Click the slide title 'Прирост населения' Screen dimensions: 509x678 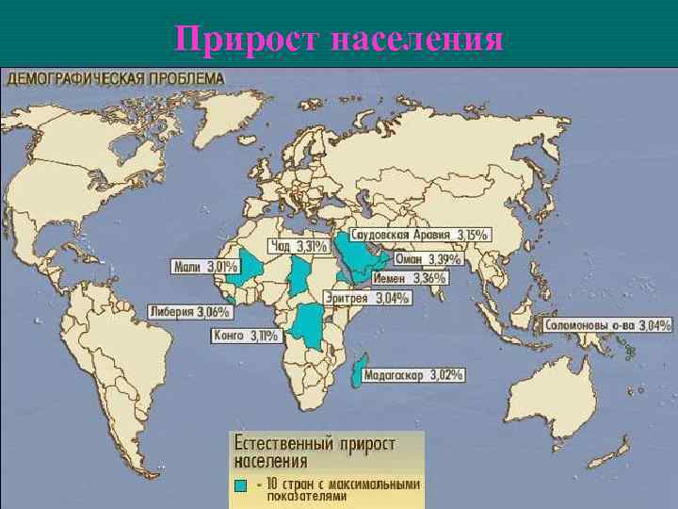[339, 39]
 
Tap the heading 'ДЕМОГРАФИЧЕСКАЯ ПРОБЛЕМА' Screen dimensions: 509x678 [116, 78]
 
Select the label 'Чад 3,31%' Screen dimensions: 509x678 [299, 247]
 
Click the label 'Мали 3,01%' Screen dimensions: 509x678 [204, 268]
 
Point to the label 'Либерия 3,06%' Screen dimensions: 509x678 [189, 312]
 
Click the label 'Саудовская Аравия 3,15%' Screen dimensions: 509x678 [419, 234]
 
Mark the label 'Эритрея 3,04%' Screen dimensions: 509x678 [367, 299]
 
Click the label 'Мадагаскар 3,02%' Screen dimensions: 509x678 [413, 374]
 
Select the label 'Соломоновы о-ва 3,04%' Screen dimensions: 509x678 [607, 325]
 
